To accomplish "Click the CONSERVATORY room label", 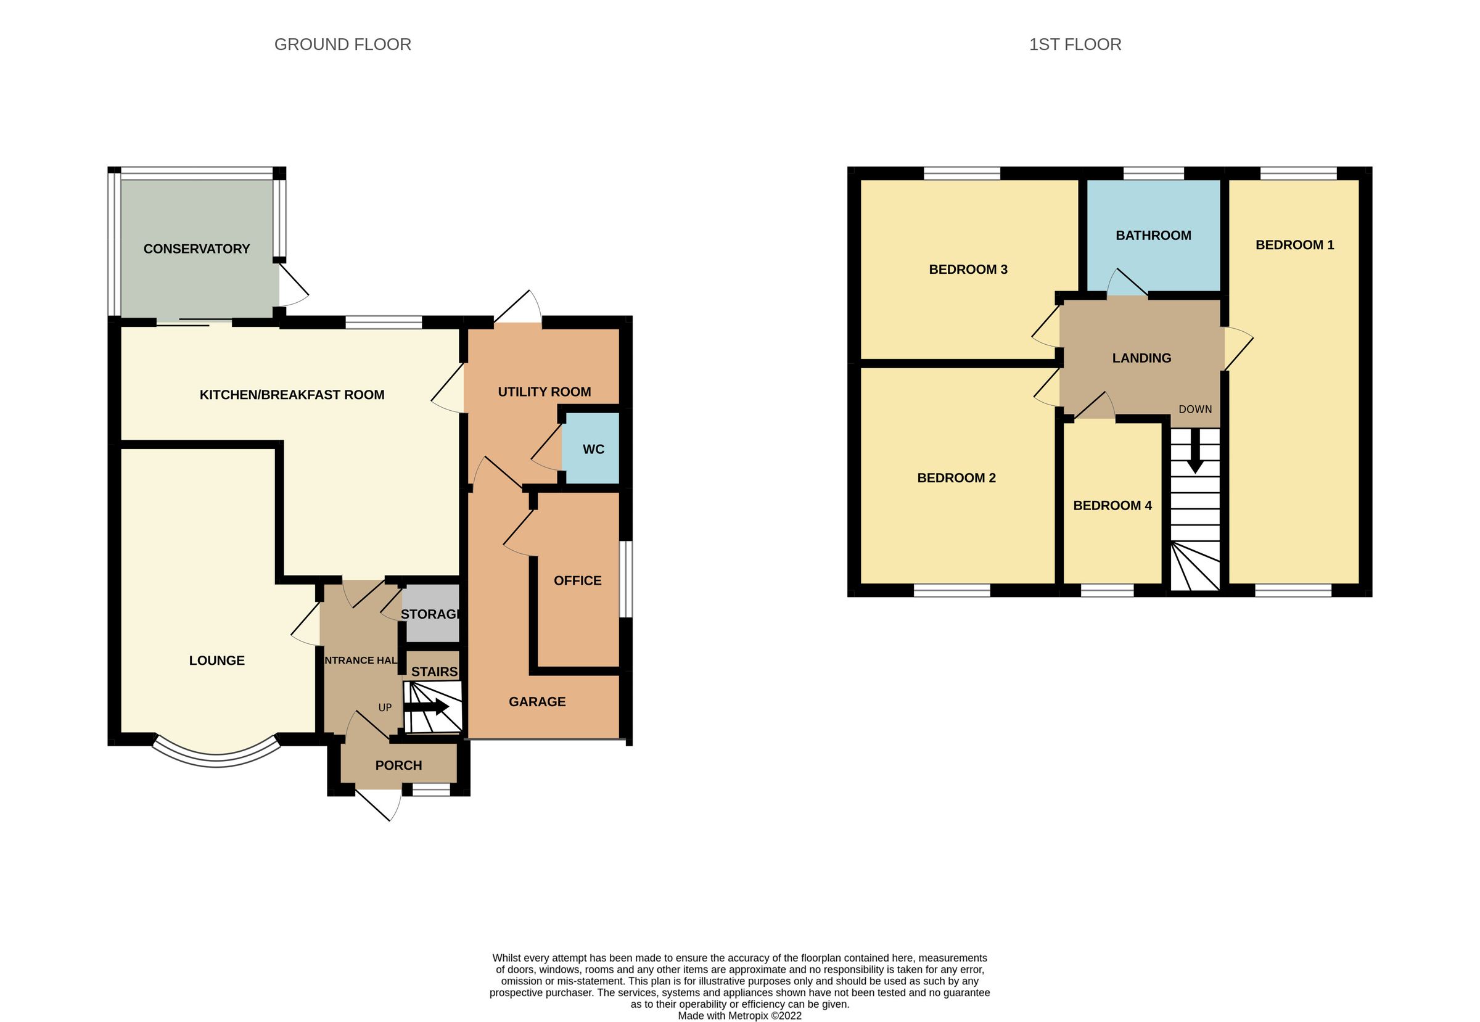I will (197, 249).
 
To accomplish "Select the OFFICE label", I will (577, 580).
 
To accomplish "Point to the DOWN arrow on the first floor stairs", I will (1194, 451).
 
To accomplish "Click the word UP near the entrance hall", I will (385, 707).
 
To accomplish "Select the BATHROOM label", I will (1153, 236).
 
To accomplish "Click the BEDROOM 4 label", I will (1112, 505).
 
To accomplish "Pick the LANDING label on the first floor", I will (1141, 358).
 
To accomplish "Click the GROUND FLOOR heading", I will (342, 44).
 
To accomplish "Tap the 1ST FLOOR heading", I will (1075, 44).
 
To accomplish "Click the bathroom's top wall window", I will (1153, 173).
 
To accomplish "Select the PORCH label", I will (398, 765).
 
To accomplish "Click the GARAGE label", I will (536, 702).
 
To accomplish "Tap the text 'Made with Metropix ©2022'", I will (739, 1015).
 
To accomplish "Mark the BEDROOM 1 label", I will (1294, 245).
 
